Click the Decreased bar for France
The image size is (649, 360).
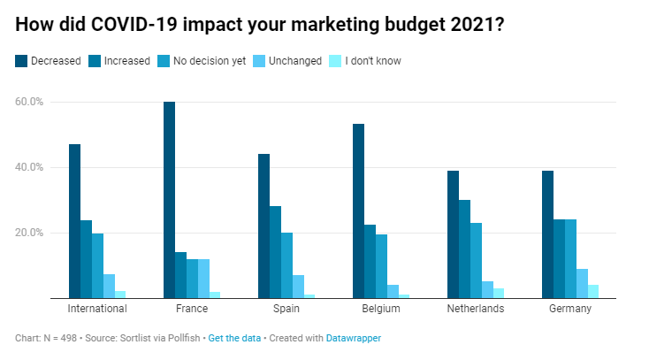click(x=169, y=200)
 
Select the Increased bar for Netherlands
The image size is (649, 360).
click(x=464, y=249)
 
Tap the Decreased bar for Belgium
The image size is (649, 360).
click(x=358, y=211)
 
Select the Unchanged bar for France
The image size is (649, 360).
click(x=203, y=279)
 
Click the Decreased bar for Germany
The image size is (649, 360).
click(x=547, y=234)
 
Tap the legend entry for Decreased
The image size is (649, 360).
click(x=49, y=61)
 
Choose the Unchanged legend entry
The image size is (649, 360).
click(x=287, y=61)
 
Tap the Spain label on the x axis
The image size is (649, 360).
click(x=286, y=309)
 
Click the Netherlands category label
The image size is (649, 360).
click(x=476, y=309)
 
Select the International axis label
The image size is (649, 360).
click(x=97, y=309)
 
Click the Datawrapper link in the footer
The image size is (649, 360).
click(x=354, y=338)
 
